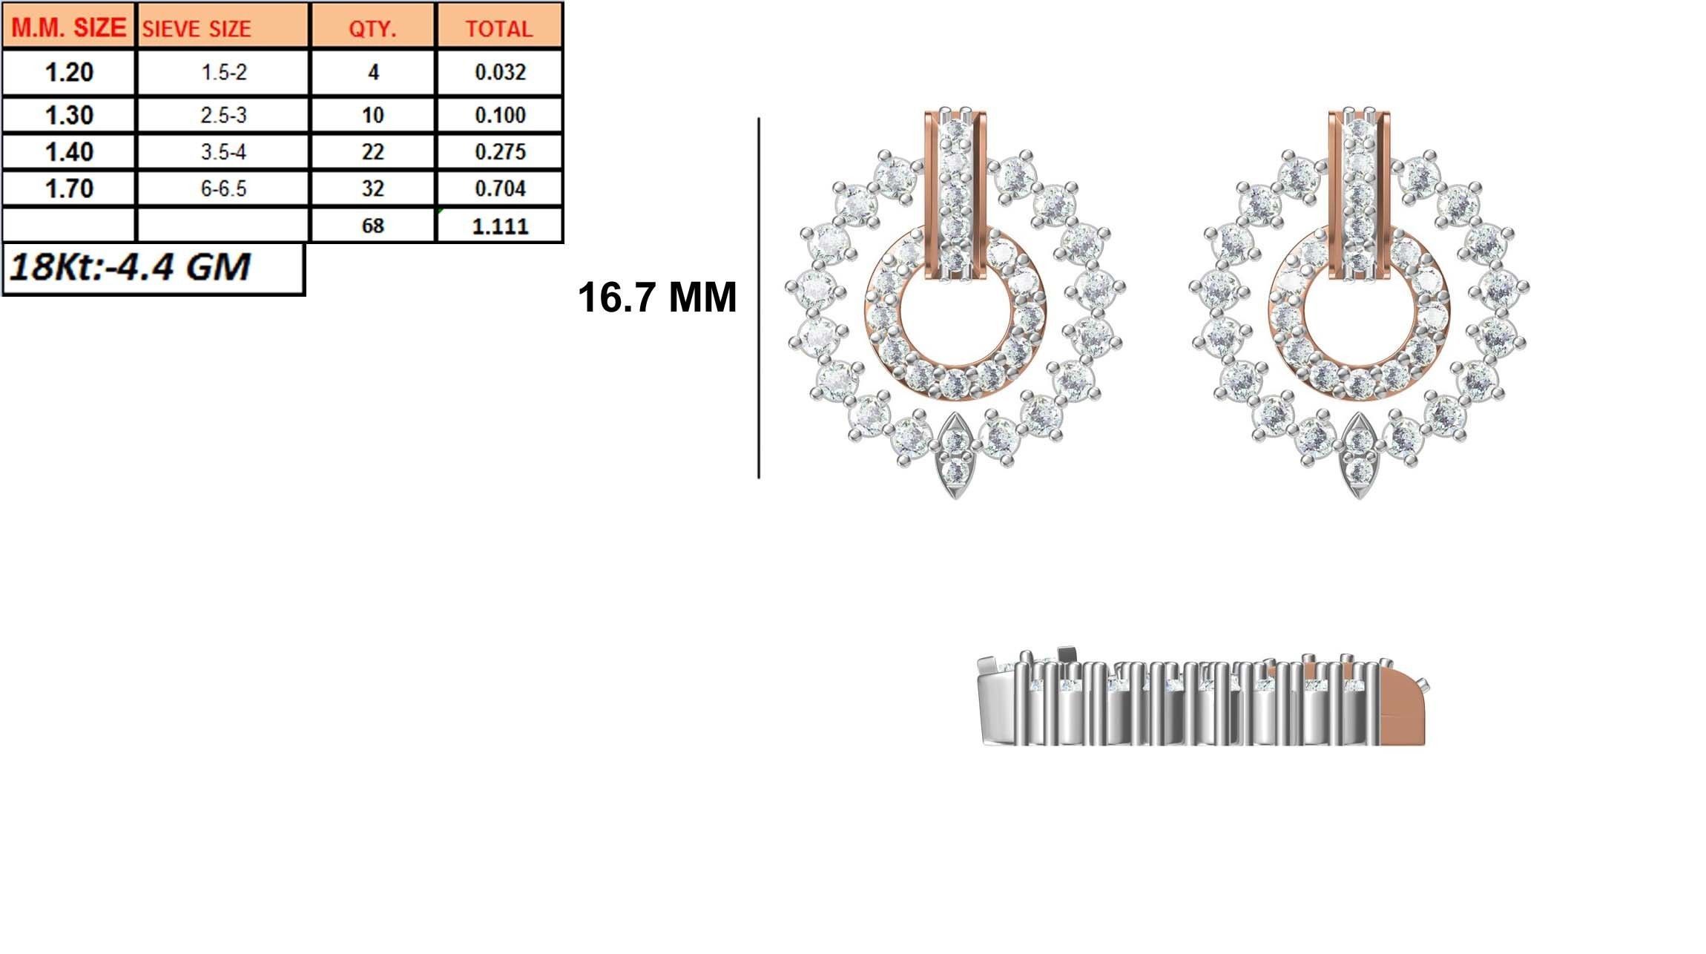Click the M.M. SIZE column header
point(68,27)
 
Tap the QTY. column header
point(372,28)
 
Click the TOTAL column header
point(499,28)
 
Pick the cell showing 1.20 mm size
point(69,73)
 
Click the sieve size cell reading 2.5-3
point(223,116)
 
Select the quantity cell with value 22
point(372,152)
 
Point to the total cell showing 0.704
point(500,188)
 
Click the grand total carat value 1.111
point(500,226)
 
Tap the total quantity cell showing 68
point(372,226)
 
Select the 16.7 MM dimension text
point(656,297)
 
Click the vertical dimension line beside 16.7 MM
point(759,297)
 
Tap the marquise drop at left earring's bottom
point(955,456)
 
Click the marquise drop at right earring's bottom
point(1359,456)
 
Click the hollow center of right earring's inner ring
point(1359,319)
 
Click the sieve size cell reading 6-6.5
point(223,188)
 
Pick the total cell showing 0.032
point(500,73)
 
